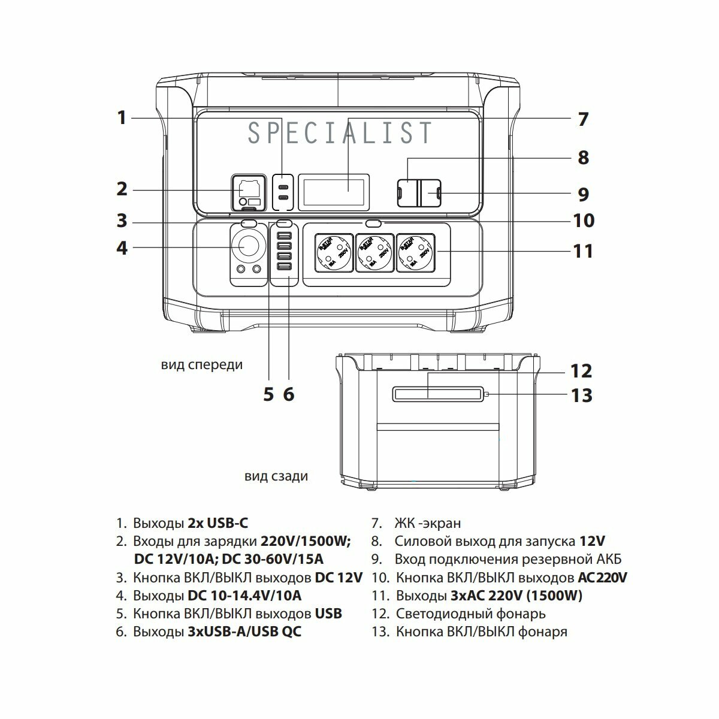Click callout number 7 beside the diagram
point(583,119)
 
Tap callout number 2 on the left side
point(122,189)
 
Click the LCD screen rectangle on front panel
point(334,191)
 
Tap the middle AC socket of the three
point(374,252)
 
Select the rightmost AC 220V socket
point(415,252)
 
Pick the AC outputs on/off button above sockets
point(374,223)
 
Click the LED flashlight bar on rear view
point(437,394)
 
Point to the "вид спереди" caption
point(202,364)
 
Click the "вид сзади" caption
point(276,476)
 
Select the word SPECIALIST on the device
point(340,133)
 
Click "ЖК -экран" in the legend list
point(427,523)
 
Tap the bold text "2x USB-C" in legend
point(217,523)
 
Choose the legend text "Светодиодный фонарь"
point(470,614)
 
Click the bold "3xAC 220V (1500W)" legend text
point(516,596)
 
